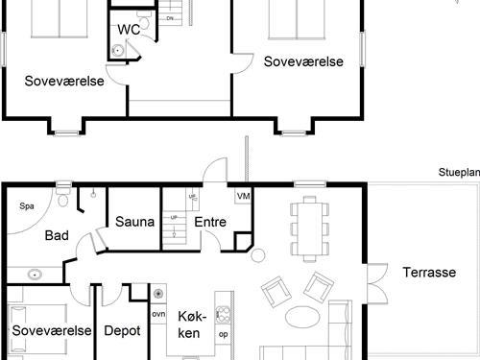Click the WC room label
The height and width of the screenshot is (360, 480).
[x=129, y=30]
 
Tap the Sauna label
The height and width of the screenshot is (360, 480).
[x=135, y=222]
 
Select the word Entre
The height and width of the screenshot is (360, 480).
[x=210, y=222]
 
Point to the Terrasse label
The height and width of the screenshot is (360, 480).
[x=428, y=272]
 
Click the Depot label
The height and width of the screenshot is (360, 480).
[x=122, y=330]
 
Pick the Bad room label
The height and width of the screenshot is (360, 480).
[x=56, y=235]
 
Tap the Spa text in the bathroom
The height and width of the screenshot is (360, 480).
[x=26, y=205]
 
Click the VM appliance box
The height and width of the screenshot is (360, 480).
[x=243, y=197]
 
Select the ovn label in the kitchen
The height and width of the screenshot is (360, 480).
[x=158, y=314]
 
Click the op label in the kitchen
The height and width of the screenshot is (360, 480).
[x=223, y=335]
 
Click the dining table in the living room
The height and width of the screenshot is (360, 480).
[x=309, y=228]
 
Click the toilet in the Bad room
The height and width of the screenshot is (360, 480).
[x=62, y=199]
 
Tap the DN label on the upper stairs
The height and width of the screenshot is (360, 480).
[x=170, y=18]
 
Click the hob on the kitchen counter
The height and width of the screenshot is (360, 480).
[x=223, y=314]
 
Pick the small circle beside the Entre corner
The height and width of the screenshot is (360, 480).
[x=257, y=254]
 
